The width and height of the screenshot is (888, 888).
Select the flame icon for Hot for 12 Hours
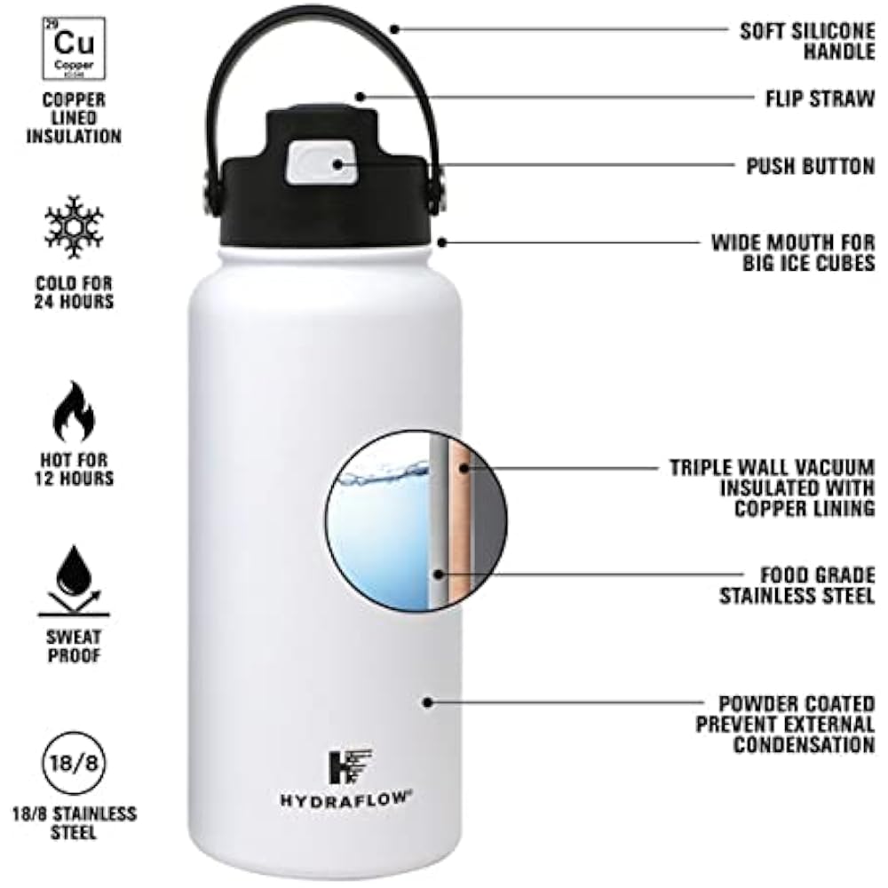click(74, 410)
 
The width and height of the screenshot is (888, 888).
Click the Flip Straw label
click(819, 98)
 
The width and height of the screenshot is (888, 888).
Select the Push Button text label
click(810, 165)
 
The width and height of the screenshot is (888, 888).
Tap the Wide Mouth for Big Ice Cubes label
click(792, 252)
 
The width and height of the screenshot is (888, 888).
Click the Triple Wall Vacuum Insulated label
click(772, 488)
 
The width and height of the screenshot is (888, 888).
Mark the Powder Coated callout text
click(785, 724)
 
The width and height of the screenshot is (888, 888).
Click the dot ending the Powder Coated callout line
click(427, 702)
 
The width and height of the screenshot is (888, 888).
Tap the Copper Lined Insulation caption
click(74, 118)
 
